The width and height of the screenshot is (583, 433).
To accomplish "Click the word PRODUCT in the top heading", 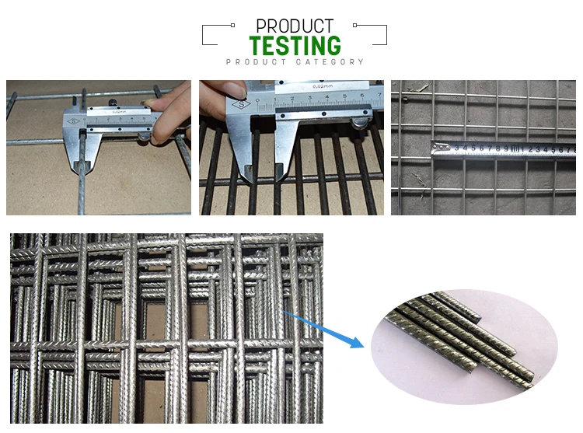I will point(294,26).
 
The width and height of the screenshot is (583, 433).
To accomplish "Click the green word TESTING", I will point(295,45).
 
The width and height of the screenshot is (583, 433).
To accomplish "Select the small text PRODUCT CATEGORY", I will point(295,62).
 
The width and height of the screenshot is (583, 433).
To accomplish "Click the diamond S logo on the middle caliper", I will point(242,103).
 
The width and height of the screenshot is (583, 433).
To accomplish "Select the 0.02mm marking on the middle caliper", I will point(321,86).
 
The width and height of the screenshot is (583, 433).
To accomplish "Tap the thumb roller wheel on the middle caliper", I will point(358,123).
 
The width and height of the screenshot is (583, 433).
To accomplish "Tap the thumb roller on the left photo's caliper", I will point(143,137).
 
